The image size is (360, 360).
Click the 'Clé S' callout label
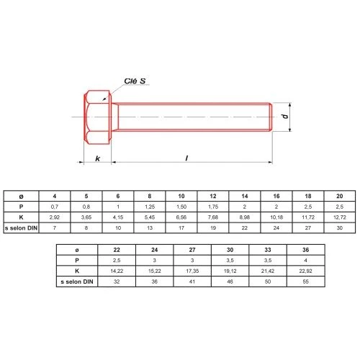coord(135,81)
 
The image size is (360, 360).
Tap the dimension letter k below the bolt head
coord(98,158)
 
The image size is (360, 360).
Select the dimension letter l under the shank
coord(186,158)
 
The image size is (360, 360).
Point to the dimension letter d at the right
coord(285,116)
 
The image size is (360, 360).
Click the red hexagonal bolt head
coord(98,117)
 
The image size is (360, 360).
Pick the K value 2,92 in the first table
coord(55,217)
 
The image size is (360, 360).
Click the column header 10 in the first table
coord(181,196)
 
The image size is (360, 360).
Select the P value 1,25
coord(150,207)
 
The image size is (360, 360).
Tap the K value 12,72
coord(340,217)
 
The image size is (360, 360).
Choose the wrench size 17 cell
coord(181,228)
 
